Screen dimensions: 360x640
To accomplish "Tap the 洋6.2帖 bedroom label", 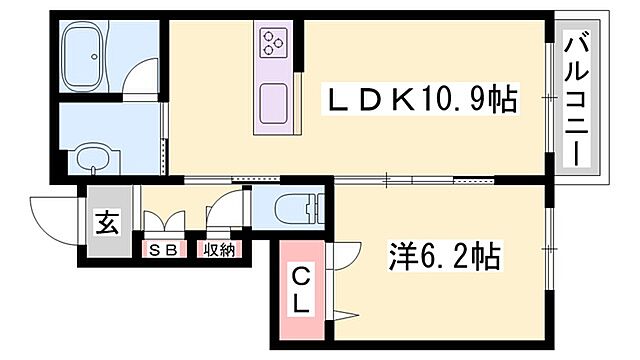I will point(443,259).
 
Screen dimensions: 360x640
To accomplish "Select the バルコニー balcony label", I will point(578,99).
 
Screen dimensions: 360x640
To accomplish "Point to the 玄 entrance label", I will point(106,223).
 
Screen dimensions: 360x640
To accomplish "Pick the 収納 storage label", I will point(219,250).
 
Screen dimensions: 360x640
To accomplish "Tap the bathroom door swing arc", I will point(146,79).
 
